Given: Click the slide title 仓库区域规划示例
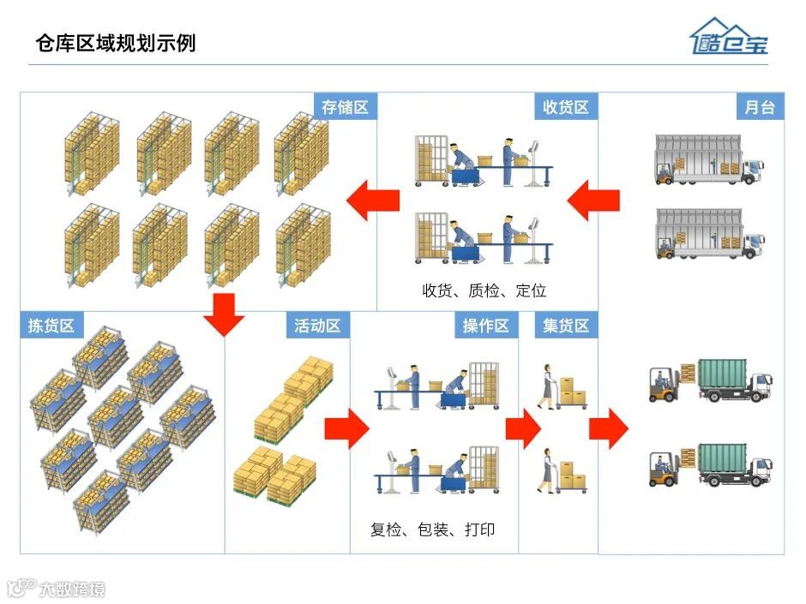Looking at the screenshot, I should click(x=116, y=43).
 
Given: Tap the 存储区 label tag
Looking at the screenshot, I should click(x=345, y=107).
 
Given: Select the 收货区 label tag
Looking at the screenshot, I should click(x=566, y=107).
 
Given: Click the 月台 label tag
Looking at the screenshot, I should click(x=760, y=107).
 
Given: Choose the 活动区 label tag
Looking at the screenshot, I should click(x=317, y=326).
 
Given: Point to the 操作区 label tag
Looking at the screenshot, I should click(x=485, y=326).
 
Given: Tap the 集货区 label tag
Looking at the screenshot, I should click(x=566, y=326).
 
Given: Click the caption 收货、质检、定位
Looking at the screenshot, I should click(x=484, y=290).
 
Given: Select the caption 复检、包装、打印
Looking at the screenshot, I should click(x=432, y=529).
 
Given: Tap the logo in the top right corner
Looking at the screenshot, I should click(x=729, y=38).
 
